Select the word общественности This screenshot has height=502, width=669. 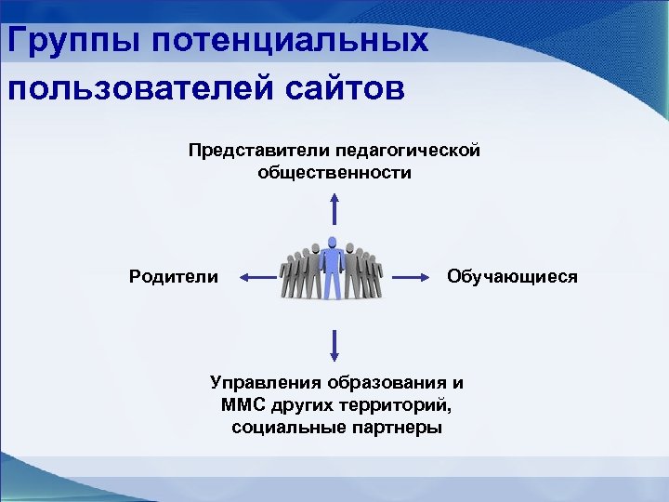pos(334,173)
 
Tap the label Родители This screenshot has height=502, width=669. pos(174,276)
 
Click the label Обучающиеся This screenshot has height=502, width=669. pos(512,276)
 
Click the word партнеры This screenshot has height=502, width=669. pos(393,428)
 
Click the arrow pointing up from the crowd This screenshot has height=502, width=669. pos(334,209)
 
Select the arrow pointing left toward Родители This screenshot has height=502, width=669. pos(257,276)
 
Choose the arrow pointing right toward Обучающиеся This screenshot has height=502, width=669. pos(413,276)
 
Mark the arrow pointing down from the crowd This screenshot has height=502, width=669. pos(334,344)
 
